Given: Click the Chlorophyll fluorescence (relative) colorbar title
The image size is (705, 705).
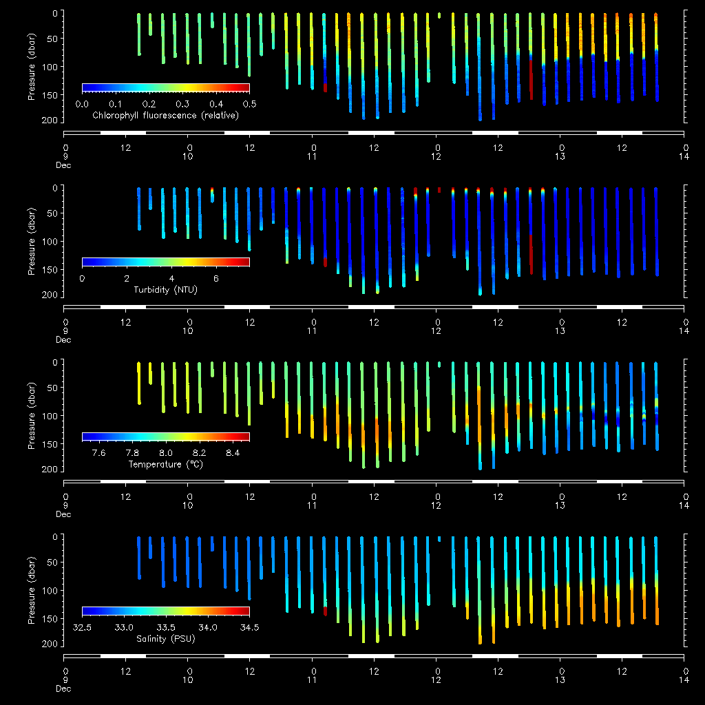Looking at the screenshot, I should tap(165, 115).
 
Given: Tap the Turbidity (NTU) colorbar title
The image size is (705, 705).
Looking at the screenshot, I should tap(165, 290).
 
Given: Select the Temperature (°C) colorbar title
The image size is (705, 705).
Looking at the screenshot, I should tap(165, 465).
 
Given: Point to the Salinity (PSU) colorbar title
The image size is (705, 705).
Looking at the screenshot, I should tap(165, 640).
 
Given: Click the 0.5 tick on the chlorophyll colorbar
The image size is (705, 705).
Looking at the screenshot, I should tap(249, 104).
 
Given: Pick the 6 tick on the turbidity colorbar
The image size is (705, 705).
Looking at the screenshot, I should tap(216, 279).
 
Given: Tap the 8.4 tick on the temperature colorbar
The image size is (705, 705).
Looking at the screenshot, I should tap(233, 454).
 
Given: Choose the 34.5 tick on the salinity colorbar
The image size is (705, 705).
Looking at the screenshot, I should tap(249, 629).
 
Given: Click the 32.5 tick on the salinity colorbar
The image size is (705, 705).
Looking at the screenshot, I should tap(82, 629).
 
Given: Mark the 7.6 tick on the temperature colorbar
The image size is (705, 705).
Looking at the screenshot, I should tap(98, 454).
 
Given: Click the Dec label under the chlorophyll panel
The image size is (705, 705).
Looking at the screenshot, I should tap(63, 165).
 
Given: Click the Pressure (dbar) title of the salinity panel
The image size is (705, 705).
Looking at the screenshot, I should tap(32, 590).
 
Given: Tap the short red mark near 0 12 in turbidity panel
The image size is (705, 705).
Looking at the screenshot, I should tap(439, 190).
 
